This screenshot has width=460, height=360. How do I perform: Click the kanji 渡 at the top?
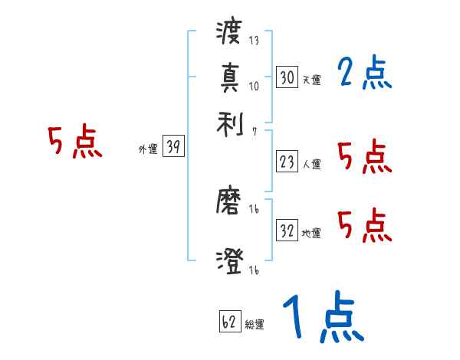pyautogui.click(x=229, y=33)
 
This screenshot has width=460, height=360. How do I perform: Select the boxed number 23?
pyautogui.click(x=287, y=162)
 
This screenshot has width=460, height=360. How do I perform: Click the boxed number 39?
pyautogui.click(x=173, y=148)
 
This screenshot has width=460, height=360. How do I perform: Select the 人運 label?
pyautogui.click(x=312, y=164)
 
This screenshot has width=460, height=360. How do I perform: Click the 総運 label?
pyautogui.click(x=255, y=325)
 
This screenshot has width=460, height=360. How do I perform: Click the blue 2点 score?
pyautogui.click(x=364, y=74)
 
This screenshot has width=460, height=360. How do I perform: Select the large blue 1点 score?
pyautogui.click(x=322, y=318)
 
